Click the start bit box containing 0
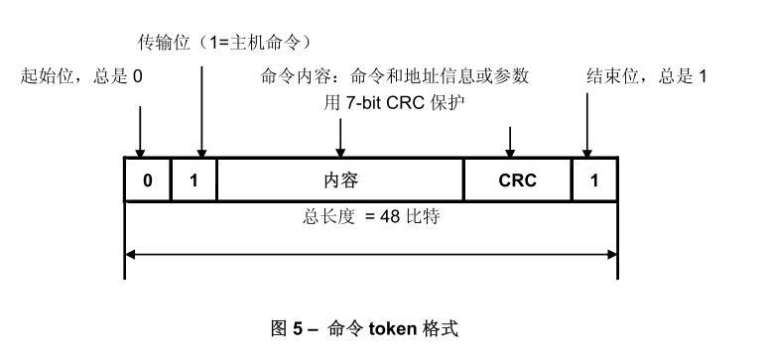(147, 181)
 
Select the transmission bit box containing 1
(193, 181)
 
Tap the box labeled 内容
(340, 181)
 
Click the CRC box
(517, 181)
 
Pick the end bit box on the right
(594, 181)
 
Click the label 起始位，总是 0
(83, 76)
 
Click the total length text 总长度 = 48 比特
(371, 215)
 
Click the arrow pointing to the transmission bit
(201, 109)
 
